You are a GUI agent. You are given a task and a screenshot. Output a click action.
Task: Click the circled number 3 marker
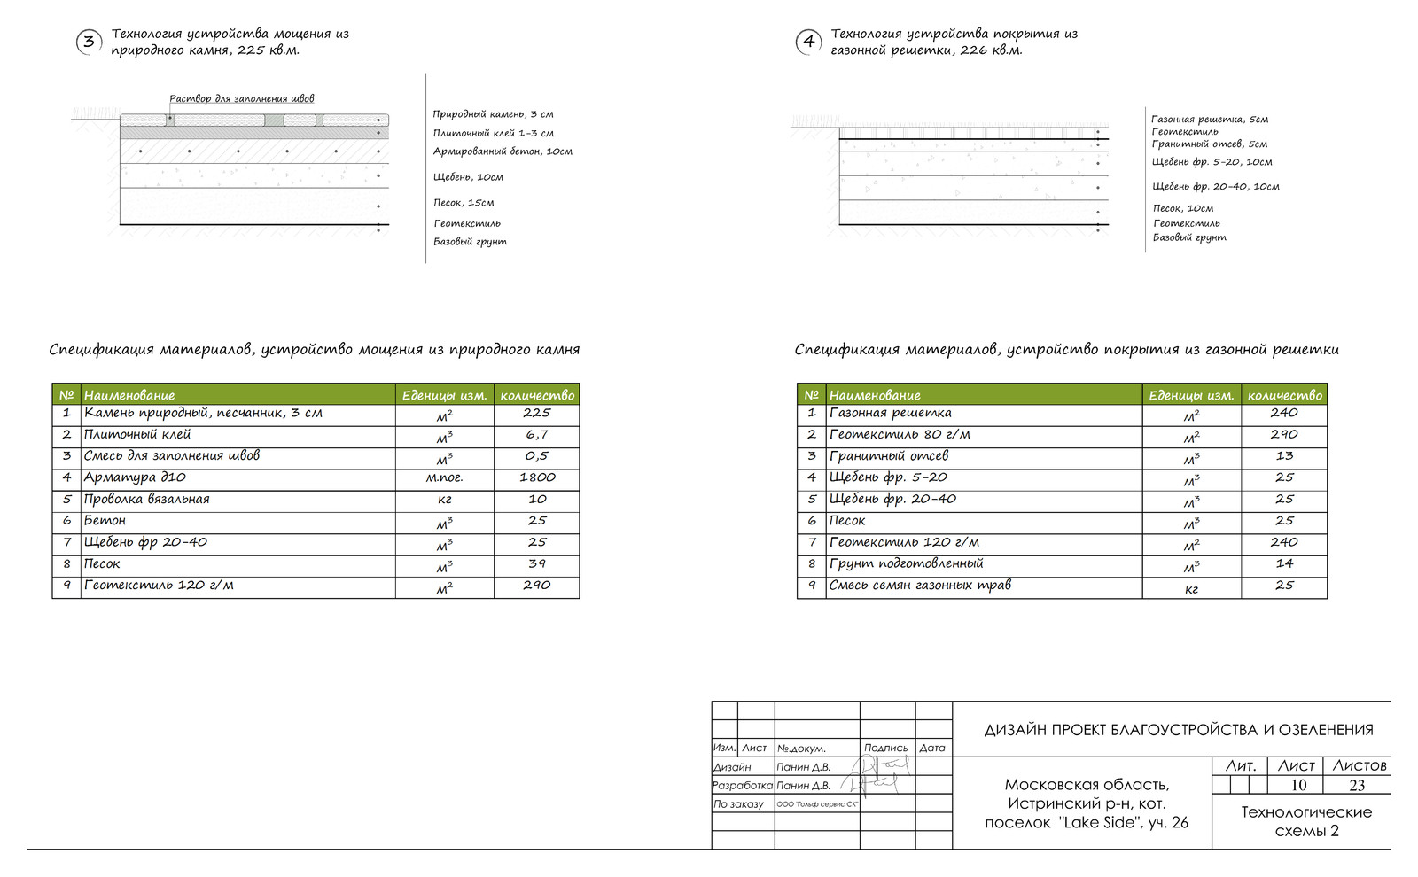coord(89,42)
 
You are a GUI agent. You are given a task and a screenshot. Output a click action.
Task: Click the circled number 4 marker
coord(808,42)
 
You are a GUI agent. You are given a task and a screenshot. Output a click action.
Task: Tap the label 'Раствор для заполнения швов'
coord(241,98)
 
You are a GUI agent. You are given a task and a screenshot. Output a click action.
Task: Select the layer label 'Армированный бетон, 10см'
coord(503,151)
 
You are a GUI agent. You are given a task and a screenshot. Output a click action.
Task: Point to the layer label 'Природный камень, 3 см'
coord(493,114)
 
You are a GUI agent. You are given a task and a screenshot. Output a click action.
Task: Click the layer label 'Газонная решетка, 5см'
coord(1209,120)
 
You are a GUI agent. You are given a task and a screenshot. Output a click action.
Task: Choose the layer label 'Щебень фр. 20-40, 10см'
coord(1215,187)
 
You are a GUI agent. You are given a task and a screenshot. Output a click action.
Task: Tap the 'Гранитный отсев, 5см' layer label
coord(1209,144)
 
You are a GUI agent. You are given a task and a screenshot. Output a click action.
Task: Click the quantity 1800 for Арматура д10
coord(537,477)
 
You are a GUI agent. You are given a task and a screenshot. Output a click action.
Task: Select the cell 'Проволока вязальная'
coord(147,499)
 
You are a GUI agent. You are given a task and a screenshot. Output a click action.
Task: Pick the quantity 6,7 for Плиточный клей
coord(537,435)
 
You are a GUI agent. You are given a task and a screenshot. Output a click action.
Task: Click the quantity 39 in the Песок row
coord(537,563)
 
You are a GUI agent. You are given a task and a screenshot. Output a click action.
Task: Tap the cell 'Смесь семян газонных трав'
coord(920,585)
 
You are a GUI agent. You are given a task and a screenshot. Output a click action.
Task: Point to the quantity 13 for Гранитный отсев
coord(1284,456)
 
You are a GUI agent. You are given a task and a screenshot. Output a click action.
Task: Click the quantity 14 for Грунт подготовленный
coord(1284,563)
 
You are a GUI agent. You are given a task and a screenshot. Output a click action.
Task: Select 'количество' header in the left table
coord(537,395)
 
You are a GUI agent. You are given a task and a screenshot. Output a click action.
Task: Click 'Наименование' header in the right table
coord(875,395)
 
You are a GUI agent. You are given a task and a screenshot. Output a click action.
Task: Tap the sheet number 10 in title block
coord(1298,785)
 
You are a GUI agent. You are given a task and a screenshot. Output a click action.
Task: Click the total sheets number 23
coord(1357,785)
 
